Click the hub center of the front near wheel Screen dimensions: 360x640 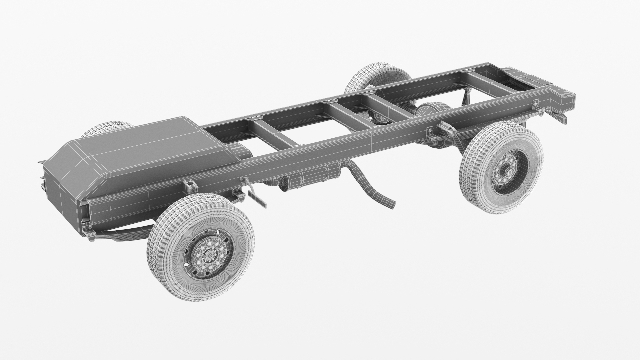(209, 255)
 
